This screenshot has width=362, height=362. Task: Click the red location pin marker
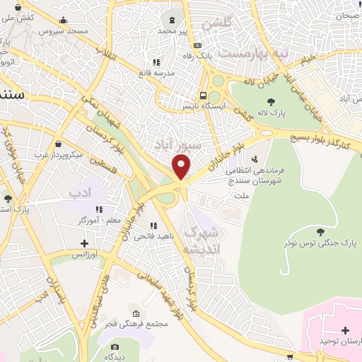[182, 167]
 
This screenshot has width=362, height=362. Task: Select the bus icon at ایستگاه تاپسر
[204, 95]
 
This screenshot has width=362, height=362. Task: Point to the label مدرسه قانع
[155, 73]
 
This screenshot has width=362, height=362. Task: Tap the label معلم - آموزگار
[98, 221]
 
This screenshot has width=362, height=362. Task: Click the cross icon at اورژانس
[84, 243]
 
